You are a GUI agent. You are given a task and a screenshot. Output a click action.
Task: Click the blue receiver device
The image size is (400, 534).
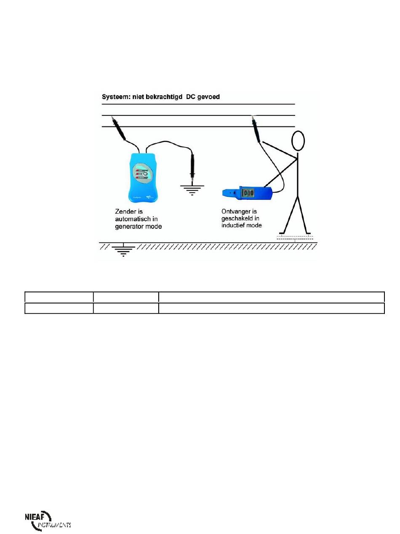(x=248, y=193)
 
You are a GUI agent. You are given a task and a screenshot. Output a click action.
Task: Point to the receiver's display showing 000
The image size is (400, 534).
(x=248, y=193)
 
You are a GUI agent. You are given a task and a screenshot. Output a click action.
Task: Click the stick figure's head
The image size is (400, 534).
(x=298, y=141)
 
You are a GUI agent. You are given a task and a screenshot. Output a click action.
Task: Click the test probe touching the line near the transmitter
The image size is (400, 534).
(x=118, y=128)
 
